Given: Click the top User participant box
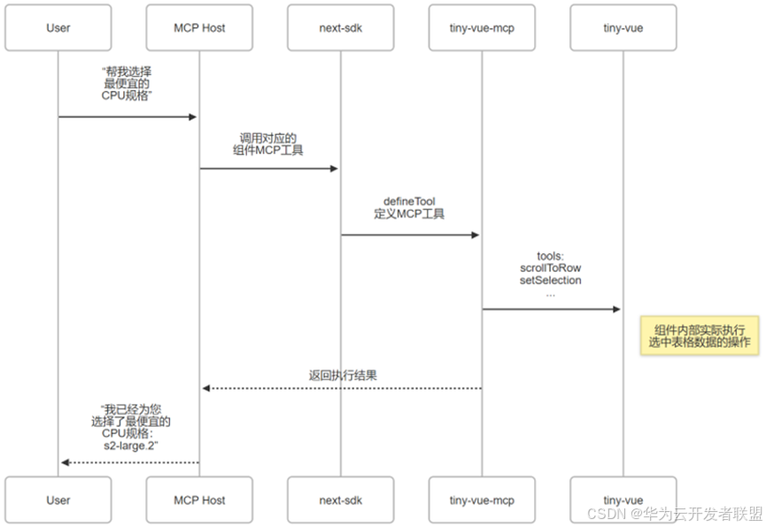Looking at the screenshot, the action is [x=58, y=27].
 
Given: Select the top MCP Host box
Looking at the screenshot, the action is [x=199, y=27].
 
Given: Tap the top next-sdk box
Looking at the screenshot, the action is [x=341, y=27].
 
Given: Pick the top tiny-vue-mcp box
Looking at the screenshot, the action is [x=482, y=27].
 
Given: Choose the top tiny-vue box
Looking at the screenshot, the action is [x=623, y=27].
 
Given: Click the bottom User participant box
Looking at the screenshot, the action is [x=58, y=500].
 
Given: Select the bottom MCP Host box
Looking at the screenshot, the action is [x=199, y=500].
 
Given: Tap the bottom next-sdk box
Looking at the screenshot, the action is [x=341, y=500].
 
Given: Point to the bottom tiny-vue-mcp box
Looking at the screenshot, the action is [x=482, y=500].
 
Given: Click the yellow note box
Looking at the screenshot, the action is [x=700, y=335].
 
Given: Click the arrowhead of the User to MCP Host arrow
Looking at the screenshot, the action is [x=192, y=117].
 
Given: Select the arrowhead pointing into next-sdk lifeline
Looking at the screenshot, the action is [x=334, y=168].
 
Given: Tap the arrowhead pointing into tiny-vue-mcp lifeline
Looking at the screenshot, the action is [x=476, y=235].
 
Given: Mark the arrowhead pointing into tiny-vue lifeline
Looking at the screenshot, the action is [x=616, y=309].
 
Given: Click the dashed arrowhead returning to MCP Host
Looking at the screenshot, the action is [x=206, y=388].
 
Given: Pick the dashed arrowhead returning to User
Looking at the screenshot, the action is [x=65, y=462].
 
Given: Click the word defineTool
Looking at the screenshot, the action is [x=409, y=201].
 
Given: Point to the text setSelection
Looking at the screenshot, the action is [x=551, y=281].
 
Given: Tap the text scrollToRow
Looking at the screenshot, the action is [x=551, y=268].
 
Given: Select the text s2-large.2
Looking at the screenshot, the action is [x=131, y=446].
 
